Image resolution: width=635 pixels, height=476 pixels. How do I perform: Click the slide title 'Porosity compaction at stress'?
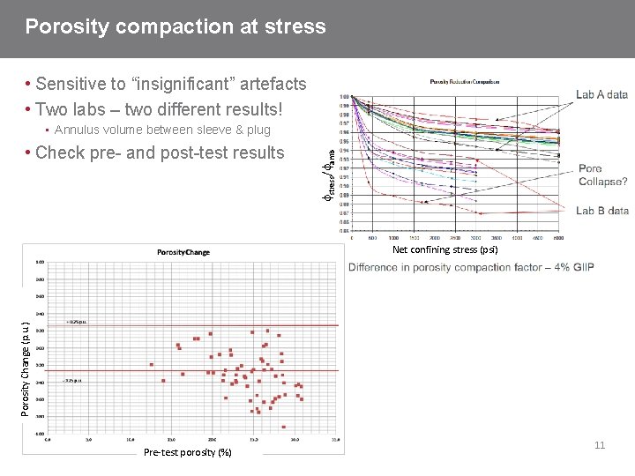tap(176, 26)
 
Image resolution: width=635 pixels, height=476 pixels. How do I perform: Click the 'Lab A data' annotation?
tap(602, 94)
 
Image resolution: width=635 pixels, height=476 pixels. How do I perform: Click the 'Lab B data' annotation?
tap(602, 211)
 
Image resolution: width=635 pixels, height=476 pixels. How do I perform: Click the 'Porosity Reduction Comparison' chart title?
tap(465, 81)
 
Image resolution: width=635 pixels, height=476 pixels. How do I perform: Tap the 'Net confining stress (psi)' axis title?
tap(445, 249)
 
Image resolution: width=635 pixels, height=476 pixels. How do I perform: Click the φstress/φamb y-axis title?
tap(327, 162)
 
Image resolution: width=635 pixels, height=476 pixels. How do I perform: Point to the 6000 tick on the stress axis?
tap(558, 237)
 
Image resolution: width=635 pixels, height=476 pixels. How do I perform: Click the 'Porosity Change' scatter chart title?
tap(183, 252)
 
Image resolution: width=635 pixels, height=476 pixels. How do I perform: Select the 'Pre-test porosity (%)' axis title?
tap(187, 452)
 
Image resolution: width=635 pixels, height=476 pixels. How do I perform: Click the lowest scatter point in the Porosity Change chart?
tap(284, 427)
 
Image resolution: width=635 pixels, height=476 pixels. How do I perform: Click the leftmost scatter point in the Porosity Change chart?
tap(152, 364)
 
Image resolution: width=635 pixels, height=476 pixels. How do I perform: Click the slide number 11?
tap(600, 446)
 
